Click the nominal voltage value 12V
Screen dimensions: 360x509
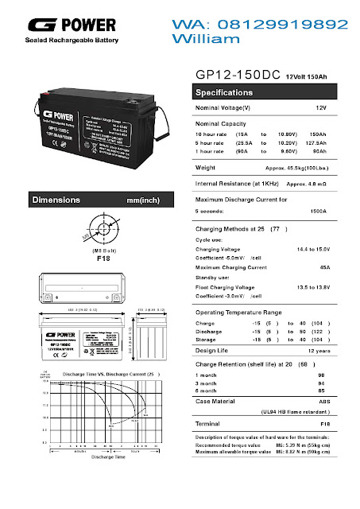pos(320,107)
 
